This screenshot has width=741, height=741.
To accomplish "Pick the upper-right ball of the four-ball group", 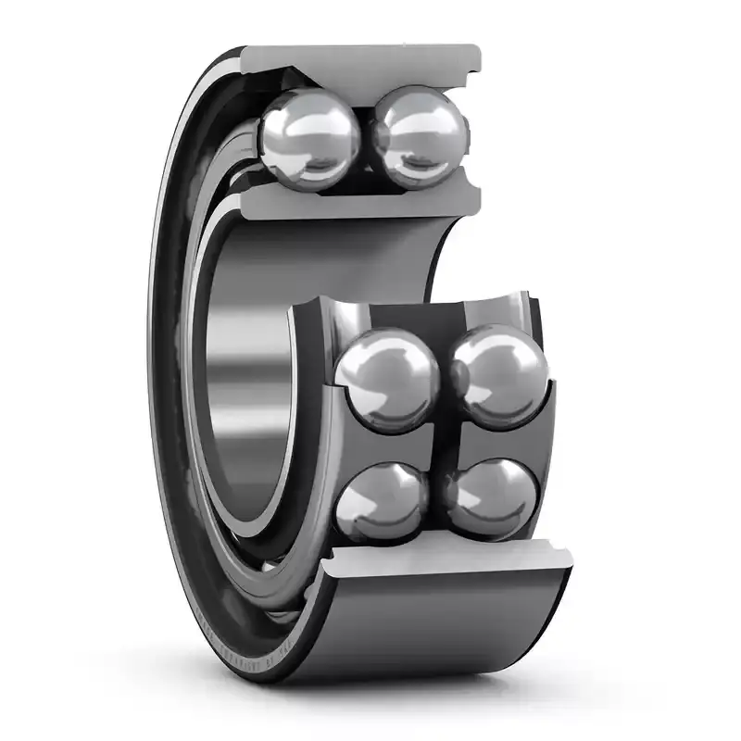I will (x=501, y=375).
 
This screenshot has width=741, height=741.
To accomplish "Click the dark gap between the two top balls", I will (x=367, y=139).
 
